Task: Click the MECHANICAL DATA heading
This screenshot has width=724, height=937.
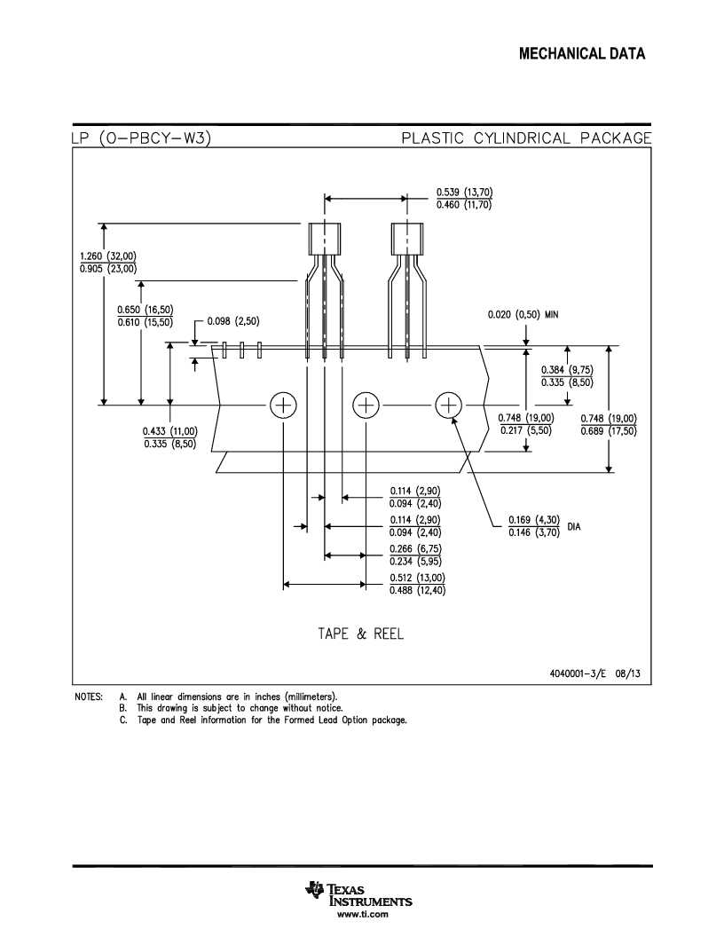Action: [582, 54]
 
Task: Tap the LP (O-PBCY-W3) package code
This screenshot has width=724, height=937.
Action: [141, 138]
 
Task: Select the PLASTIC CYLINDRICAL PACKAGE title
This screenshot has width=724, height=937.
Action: [526, 138]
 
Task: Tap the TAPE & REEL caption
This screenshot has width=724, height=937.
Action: [361, 634]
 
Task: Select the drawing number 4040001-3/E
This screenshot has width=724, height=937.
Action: [578, 673]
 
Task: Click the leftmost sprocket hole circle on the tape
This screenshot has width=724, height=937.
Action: [283, 406]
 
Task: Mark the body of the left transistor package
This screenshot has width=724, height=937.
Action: [325, 239]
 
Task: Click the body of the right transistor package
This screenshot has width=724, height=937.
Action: [407, 239]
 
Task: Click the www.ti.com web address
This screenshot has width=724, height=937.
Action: [363, 914]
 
